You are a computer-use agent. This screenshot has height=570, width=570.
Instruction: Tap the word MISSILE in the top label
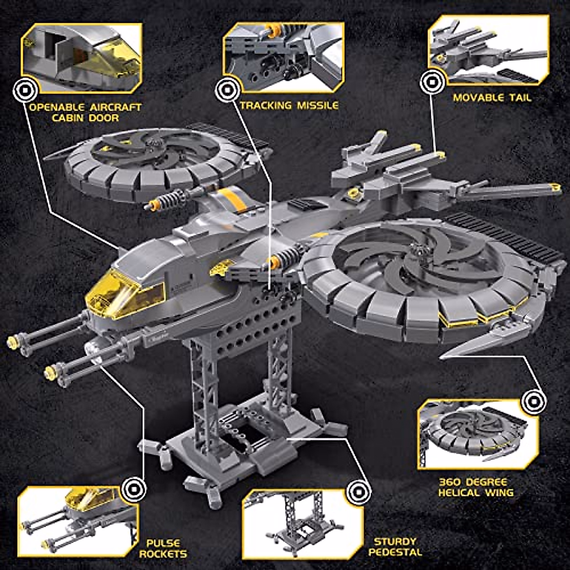(318, 105)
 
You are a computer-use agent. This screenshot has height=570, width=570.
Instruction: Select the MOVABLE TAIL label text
(492, 98)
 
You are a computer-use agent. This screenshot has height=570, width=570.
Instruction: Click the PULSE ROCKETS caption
(163, 548)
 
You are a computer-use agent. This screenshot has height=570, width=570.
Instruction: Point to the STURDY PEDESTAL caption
(395, 546)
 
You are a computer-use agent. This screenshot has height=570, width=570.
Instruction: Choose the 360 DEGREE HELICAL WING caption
(475, 487)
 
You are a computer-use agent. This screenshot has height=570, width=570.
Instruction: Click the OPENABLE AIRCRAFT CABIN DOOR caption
(85, 112)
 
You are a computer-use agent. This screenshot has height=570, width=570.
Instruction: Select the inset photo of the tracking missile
(284, 56)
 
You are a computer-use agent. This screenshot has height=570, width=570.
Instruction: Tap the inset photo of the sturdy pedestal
(303, 524)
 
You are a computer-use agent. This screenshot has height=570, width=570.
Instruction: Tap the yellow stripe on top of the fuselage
(233, 199)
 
